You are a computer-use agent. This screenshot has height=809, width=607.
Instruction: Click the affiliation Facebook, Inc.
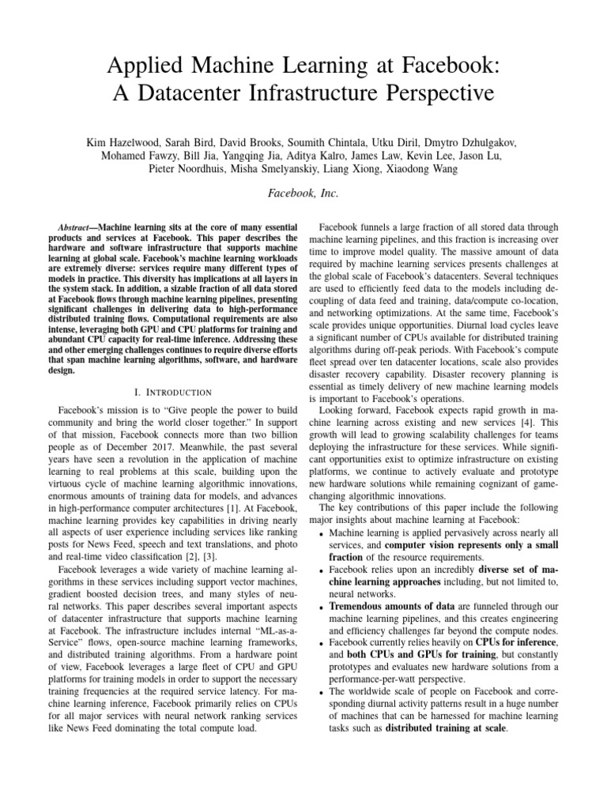pyautogui.click(x=303, y=193)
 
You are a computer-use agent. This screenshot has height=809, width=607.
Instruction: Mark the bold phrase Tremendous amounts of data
pyautogui.click(x=390, y=606)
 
